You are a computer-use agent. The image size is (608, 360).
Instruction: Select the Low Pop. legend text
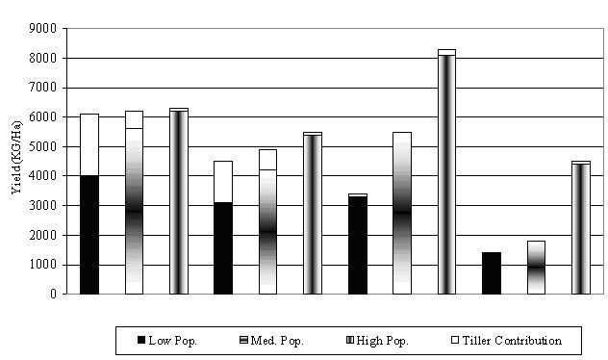174,341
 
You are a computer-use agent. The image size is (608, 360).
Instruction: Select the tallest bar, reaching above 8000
446,173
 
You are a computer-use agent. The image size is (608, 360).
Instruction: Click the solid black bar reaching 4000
89,235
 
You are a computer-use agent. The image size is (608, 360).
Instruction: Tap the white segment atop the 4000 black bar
89,144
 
